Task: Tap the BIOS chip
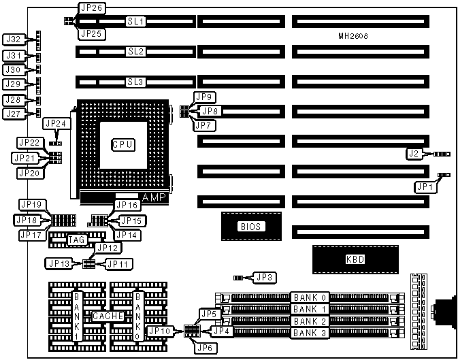click(x=251, y=227)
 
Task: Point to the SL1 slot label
click(x=136, y=22)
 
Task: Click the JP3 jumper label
click(x=263, y=277)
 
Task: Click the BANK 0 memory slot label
click(x=310, y=297)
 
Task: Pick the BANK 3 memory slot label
click(x=310, y=332)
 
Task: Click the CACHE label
click(x=108, y=316)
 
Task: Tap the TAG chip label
click(x=76, y=240)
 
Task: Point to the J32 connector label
click(x=14, y=39)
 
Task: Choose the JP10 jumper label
click(x=161, y=331)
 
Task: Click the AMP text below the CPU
click(x=154, y=197)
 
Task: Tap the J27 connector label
click(x=14, y=114)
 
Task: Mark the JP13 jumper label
click(x=58, y=263)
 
